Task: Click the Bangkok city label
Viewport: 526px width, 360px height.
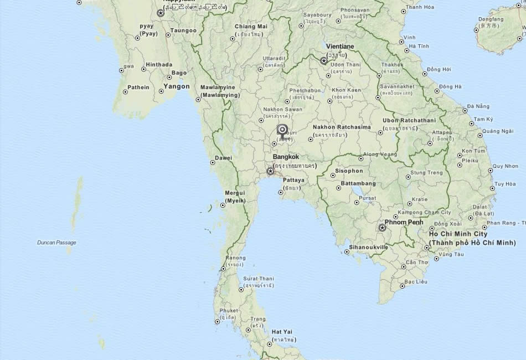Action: click(286, 157)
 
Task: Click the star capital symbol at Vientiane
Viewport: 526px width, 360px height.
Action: click(324, 61)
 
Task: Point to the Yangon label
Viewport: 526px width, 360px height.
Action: click(176, 86)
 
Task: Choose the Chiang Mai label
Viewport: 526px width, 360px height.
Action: click(251, 27)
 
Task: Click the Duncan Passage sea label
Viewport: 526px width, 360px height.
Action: click(56, 243)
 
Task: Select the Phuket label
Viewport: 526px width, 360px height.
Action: click(229, 311)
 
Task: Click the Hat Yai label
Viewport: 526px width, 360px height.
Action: click(282, 332)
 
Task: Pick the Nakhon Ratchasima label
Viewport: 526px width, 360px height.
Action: click(342, 127)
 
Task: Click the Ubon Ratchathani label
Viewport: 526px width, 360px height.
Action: click(409, 120)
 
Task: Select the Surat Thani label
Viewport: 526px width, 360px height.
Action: click(259, 278)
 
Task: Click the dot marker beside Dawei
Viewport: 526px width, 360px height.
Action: click(213, 163)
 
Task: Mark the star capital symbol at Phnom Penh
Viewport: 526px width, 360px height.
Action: click(382, 228)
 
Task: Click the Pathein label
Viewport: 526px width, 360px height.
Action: click(138, 87)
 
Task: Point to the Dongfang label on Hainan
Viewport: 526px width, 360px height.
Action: click(491, 19)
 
